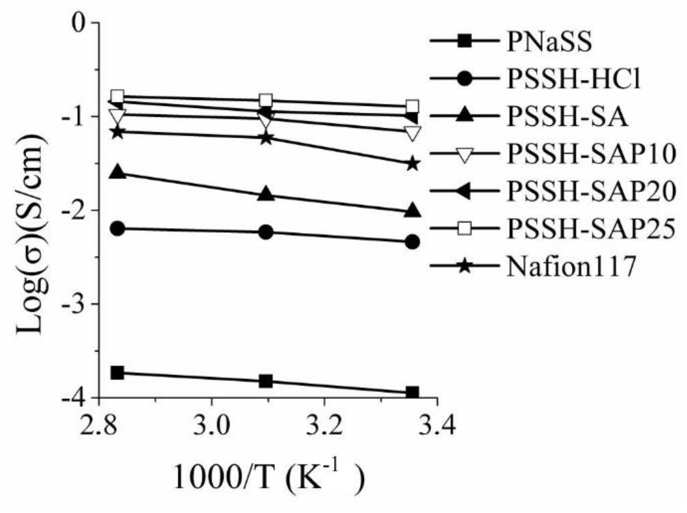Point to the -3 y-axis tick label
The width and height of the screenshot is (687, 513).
click(x=75, y=304)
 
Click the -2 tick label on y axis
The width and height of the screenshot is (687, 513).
click(x=75, y=210)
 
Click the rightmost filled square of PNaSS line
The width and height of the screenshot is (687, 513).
click(x=412, y=393)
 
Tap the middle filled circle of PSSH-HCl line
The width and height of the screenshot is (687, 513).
click(x=266, y=232)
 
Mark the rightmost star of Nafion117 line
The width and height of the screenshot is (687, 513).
click(x=412, y=163)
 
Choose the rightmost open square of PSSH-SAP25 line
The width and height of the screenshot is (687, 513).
click(x=412, y=106)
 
